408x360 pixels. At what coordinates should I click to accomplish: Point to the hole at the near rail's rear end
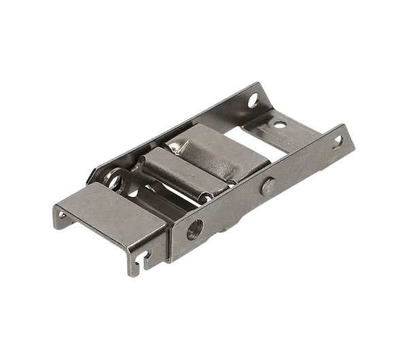point(338,142)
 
